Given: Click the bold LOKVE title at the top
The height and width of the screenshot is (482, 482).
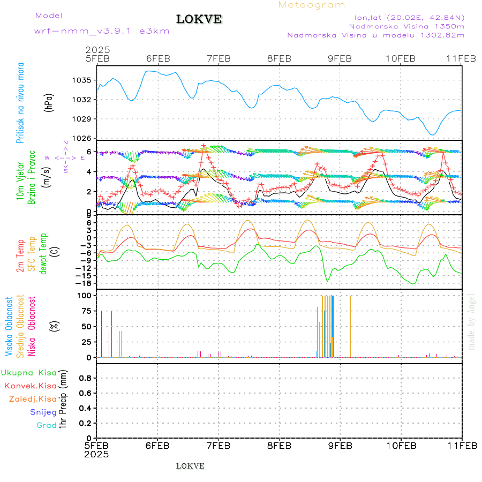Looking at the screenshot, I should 199,19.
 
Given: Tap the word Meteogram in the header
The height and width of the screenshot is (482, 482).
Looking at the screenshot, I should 312,5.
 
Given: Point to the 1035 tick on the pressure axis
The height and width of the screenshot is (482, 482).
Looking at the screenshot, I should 85,80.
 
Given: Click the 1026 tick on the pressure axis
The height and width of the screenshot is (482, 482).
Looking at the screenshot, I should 85,138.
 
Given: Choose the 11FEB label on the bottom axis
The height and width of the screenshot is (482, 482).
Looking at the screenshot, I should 462,446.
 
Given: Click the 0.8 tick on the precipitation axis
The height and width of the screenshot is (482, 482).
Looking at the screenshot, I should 85,378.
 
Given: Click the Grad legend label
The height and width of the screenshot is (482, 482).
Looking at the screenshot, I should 47,425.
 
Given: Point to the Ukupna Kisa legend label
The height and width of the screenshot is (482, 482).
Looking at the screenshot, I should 29,372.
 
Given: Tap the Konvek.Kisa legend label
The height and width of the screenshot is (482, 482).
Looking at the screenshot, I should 30,386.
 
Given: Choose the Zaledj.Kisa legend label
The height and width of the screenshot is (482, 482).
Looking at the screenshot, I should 33,399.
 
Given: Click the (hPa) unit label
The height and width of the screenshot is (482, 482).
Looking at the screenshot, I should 49,102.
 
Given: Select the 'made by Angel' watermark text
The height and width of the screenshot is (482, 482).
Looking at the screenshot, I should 472,321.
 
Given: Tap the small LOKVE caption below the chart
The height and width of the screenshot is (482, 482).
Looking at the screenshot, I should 190,466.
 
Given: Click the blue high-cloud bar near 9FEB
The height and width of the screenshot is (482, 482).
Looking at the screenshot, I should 333,326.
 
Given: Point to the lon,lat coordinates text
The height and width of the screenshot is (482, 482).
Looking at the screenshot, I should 405,18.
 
